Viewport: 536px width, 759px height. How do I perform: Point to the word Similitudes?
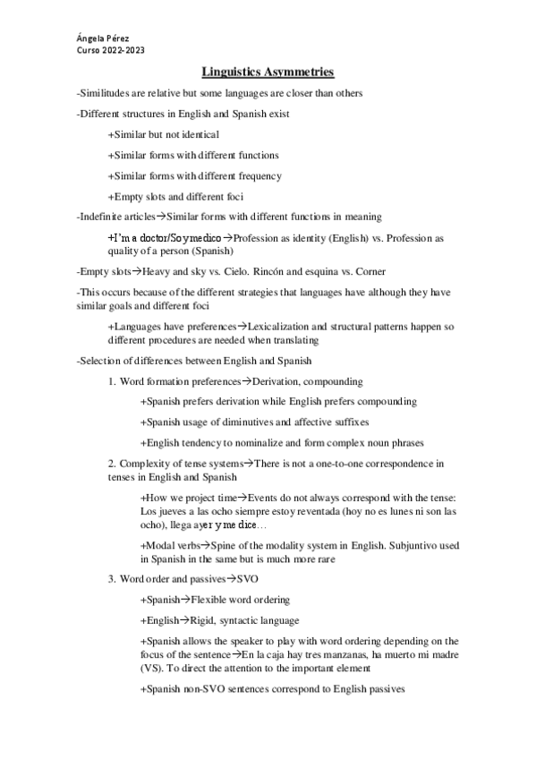(107, 93)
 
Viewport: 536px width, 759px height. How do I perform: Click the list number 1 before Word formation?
(112, 381)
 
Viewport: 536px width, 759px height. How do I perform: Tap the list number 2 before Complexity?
(112, 463)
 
